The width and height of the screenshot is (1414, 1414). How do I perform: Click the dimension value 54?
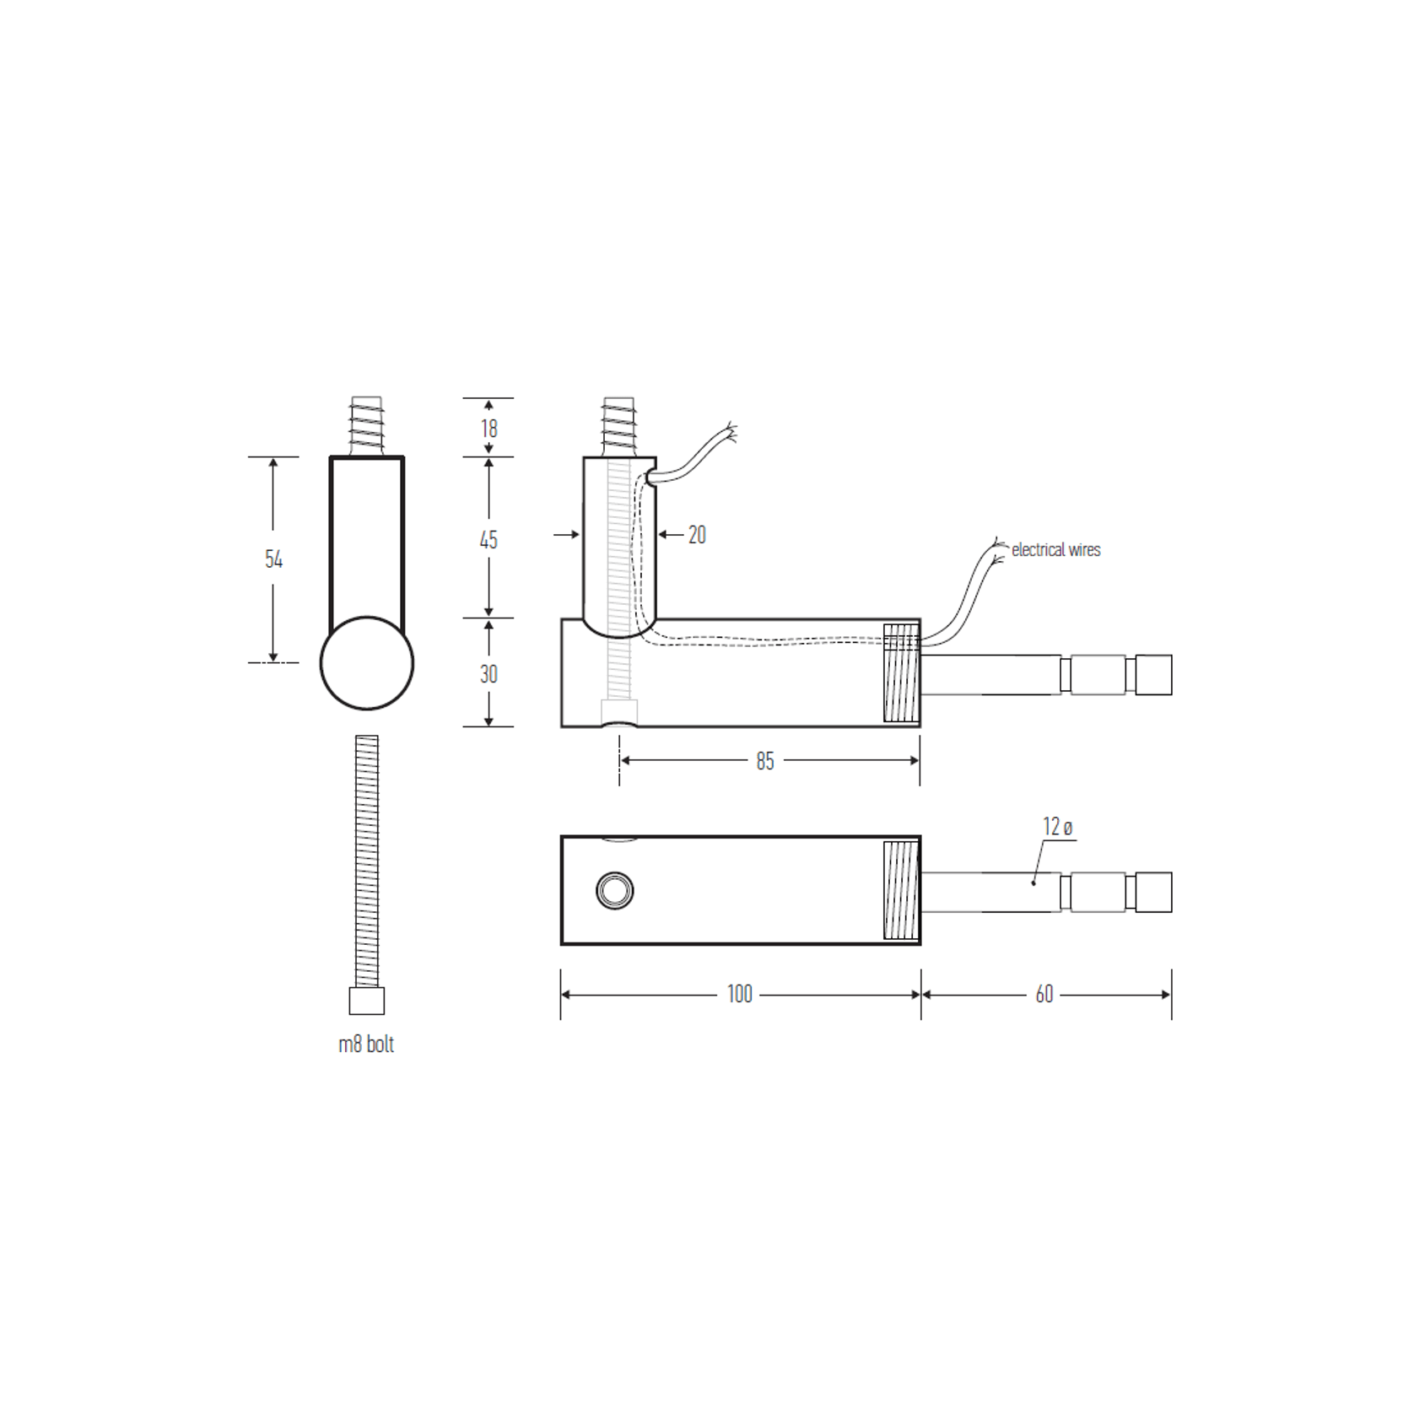pyautogui.click(x=273, y=559)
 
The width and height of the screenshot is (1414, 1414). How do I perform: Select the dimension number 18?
pyautogui.click(x=489, y=429)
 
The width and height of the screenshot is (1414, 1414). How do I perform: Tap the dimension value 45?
pyautogui.click(x=488, y=540)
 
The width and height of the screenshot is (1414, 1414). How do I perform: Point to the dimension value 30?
pyautogui.click(x=488, y=674)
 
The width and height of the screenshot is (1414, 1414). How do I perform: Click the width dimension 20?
pyautogui.click(x=697, y=535)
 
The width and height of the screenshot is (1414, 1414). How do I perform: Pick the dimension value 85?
pyautogui.click(x=765, y=761)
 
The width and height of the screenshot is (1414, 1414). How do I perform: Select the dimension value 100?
pyautogui.click(x=739, y=994)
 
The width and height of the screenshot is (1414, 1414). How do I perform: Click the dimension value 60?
pyautogui.click(x=1044, y=995)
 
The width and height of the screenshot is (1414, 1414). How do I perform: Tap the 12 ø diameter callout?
pyautogui.click(x=1057, y=828)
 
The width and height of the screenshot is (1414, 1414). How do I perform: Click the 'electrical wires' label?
pyautogui.click(x=1055, y=550)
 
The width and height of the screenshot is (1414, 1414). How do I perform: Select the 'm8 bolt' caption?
pyautogui.click(x=366, y=1044)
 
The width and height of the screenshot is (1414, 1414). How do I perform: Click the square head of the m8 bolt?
pyautogui.click(x=367, y=1001)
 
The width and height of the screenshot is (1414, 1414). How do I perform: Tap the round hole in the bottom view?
pyautogui.click(x=615, y=891)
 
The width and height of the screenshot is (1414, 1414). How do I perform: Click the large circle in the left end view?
pyautogui.click(x=367, y=663)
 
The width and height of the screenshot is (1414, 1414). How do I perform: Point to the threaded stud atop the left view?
pyautogui.click(x=367, y=425)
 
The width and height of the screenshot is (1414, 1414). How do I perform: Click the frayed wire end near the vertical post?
pyautogui.click(x=730, y=433)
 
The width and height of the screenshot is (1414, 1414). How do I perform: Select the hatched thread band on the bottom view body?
pyautogui.click(x=901, y=890)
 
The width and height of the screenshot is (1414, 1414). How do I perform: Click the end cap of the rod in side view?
pyautogui.click(x=1153, y=675)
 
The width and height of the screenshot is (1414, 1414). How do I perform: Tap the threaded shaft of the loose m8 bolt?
pyautogui.click(x=367, y=861)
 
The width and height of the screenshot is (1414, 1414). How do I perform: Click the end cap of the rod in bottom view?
pyautogui.click(x=1153, y=892)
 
